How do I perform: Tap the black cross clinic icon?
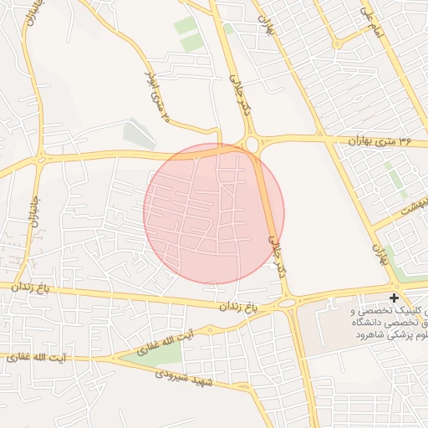coord(395,298)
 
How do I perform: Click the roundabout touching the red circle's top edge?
coord(252,145)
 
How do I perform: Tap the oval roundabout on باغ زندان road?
coord(287,300)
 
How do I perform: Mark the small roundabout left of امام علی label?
coord(336,43)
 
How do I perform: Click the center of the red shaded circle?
coord(214,213)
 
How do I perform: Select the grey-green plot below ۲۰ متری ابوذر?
coord(139,135)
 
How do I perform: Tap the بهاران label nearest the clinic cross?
coord(384,255)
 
